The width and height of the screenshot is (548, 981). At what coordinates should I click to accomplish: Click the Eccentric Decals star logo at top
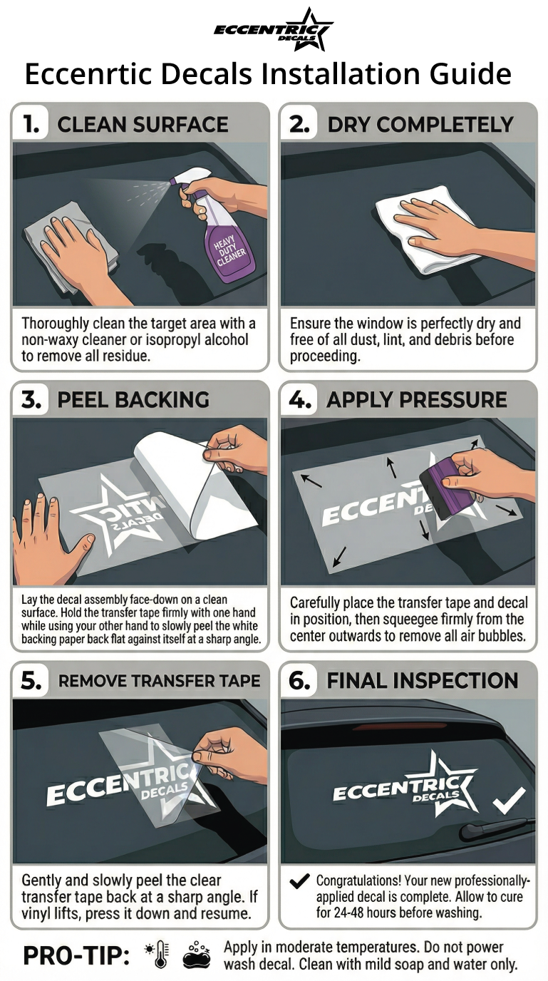[274, 30]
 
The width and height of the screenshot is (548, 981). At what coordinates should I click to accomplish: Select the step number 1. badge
[31, 124]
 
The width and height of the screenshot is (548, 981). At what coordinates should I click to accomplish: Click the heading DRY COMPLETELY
[420, 125]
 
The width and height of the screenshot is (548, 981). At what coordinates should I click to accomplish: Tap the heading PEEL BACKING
[133, 400]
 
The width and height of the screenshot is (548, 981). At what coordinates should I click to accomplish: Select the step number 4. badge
[300, 400]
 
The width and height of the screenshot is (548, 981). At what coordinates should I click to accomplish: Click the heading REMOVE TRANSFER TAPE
[160, 681]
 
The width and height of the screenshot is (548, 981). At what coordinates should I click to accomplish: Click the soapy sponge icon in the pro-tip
[197, 955]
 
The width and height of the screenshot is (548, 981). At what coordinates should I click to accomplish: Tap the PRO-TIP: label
[76, 955]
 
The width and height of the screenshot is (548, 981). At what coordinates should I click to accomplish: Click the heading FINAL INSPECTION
[423, 681]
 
